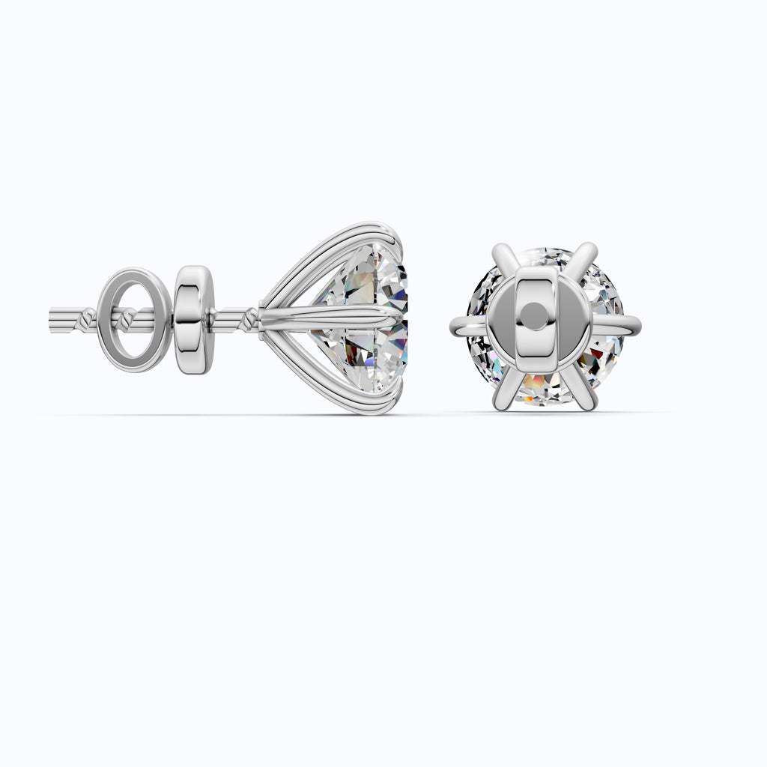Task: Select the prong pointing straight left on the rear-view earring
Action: click(x=468, y=324)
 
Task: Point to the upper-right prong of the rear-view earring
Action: click(x=586, y=258)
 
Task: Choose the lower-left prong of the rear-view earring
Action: click(x=503, y=389)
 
